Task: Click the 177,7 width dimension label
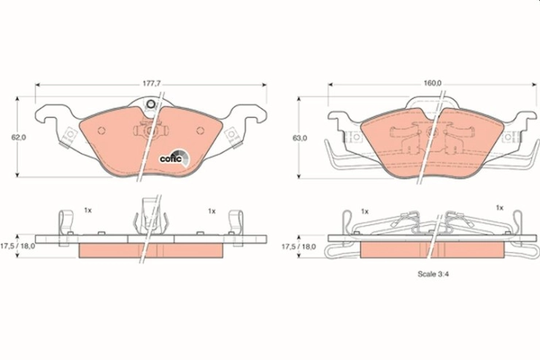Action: coord(153,84)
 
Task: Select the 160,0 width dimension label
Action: coord(433,83)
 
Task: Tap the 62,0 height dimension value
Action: coord(18,137)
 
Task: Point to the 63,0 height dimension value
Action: coord(300,138)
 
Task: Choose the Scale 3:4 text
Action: coord(433,274)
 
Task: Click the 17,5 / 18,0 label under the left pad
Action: coord(18,246)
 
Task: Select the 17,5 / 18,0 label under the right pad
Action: coord(298,247)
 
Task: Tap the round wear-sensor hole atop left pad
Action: coord(150,104)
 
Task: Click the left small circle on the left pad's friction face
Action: coord(101,131)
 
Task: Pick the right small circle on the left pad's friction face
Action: coord(200,131)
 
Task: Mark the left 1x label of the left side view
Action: coord(88,210)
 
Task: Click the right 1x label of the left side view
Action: coord(212,211)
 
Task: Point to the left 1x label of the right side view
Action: coord(365,211)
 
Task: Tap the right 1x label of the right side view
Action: coord(499,207)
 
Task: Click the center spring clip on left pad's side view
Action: coord(151,216)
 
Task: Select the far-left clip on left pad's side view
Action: coord(65,228)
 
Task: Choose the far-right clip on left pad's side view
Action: coord(236,228)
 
